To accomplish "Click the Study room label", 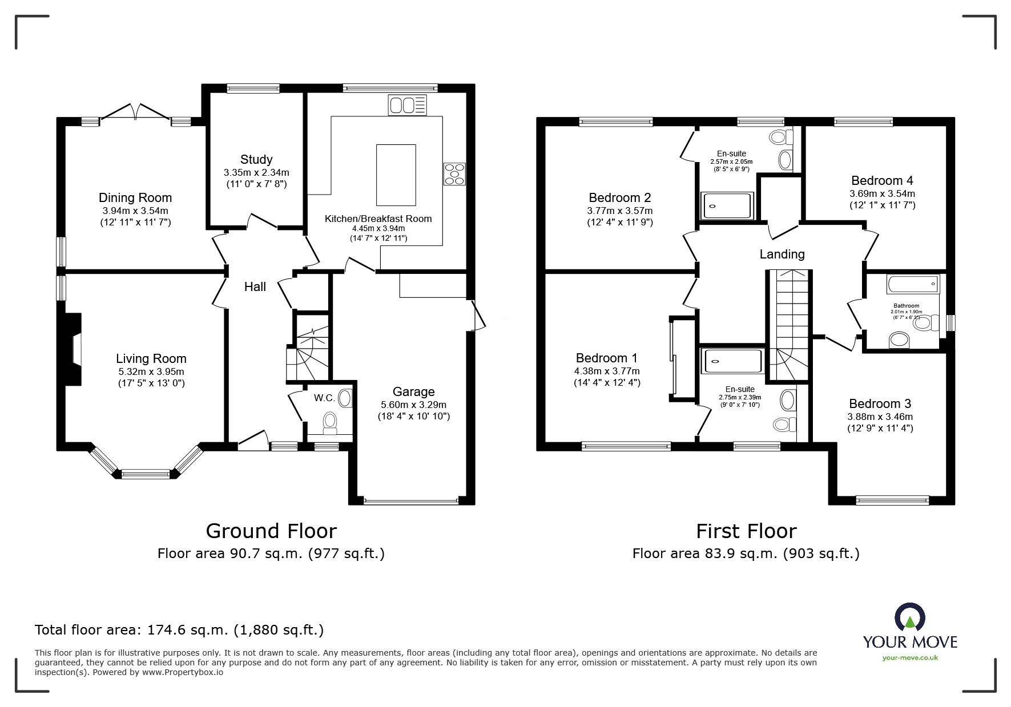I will pyautogui.click(x=256, y=160).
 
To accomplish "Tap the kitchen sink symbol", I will pyautogui.click(x=407, y=105).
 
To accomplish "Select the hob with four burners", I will pyautogui.click(x=455, y=173).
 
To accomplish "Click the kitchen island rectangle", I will pyautogui.click(x=396, y=175).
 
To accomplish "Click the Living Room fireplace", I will pyautogui.click(x=73, y=350).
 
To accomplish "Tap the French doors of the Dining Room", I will pyautogui.click(x=135, y=112).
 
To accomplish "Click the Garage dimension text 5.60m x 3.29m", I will pyautogui.click(x=413, y=405).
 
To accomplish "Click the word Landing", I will pyautogui.click(x=782, y=254).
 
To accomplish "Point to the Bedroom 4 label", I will pyautogui.click(x=882, y=181).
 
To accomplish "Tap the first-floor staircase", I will pyautogui.click(x=788, y=325).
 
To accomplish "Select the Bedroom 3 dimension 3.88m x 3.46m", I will pyautogui.click(x=880, y=417).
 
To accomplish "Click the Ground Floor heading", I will pyautogui.click(x=271, y=531).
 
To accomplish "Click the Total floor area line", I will pyautogui.click(x=179, y=630).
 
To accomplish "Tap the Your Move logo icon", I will pyautogui.click(x=909, y=618).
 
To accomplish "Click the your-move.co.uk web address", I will pyautogui.click(x=910, y=658).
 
